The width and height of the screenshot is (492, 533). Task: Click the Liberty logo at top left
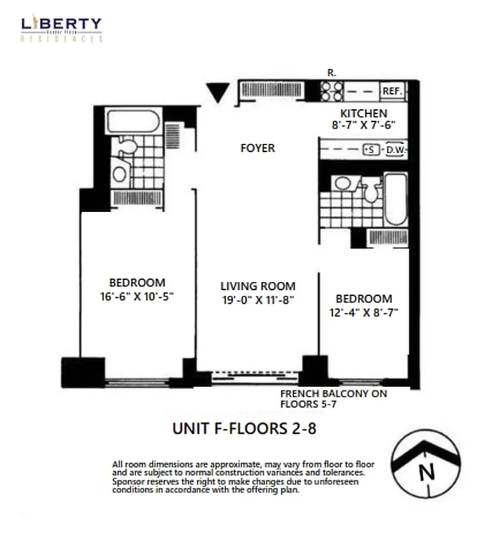point(62,29)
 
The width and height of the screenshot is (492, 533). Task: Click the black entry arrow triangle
point(217,92)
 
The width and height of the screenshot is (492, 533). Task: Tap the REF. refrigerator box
point(391,91)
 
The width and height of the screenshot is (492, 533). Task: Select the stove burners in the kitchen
point(331,91)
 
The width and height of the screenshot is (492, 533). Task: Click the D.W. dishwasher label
point(396,150)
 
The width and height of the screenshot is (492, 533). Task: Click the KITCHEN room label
point(363,113)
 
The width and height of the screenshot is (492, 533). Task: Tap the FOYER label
point(257,148)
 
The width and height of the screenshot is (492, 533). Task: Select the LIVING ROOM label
point(258,286)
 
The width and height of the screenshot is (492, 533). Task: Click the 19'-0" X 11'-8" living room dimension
point(258,299)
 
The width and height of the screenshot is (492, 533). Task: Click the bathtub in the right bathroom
point(396,199)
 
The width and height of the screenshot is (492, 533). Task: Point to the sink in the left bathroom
point(120,175)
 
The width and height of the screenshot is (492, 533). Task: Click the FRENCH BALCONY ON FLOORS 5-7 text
point(333,398)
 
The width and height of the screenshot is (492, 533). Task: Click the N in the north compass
point(426,473)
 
